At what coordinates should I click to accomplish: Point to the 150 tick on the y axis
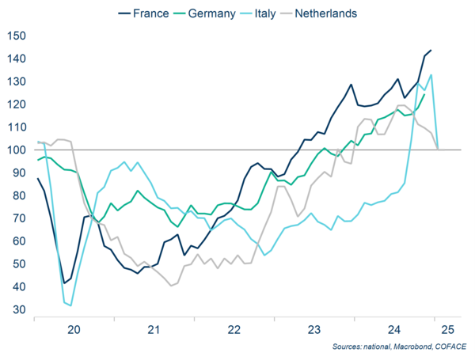[x=16, y=36]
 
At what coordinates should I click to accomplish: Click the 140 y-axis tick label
[x=16, y=59]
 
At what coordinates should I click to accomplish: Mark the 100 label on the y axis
[x=16, y=150]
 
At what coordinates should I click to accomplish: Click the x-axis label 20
[x=74, y=330]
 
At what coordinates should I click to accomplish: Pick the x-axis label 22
[x=234, y=330]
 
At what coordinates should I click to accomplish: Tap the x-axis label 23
[x=313, y=330]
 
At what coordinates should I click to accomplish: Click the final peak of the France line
[x=430, y=51]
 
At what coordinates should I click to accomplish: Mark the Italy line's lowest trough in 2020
[x=70, y=305]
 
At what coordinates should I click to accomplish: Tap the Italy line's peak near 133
[x=431, y=75]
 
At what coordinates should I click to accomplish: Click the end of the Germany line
[x=424, y=94]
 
